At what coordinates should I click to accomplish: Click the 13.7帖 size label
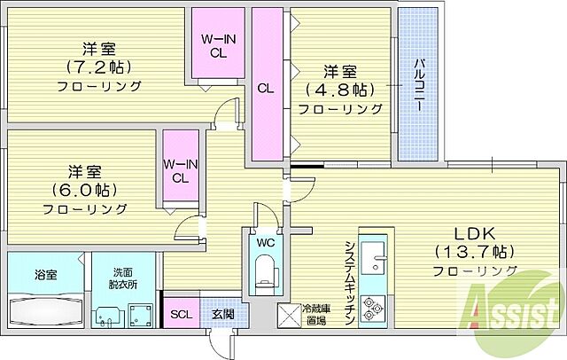[475, 250]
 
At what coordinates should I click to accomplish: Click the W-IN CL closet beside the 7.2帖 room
[216, 44]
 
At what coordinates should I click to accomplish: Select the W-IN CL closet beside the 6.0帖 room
[180, 169]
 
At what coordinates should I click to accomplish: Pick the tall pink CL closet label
[265, 88]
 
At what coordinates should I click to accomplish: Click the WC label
[265, 240]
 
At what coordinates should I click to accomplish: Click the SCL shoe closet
[181, 313]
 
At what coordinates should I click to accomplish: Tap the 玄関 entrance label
[222, 313]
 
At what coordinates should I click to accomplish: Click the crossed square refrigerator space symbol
[290, 316]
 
